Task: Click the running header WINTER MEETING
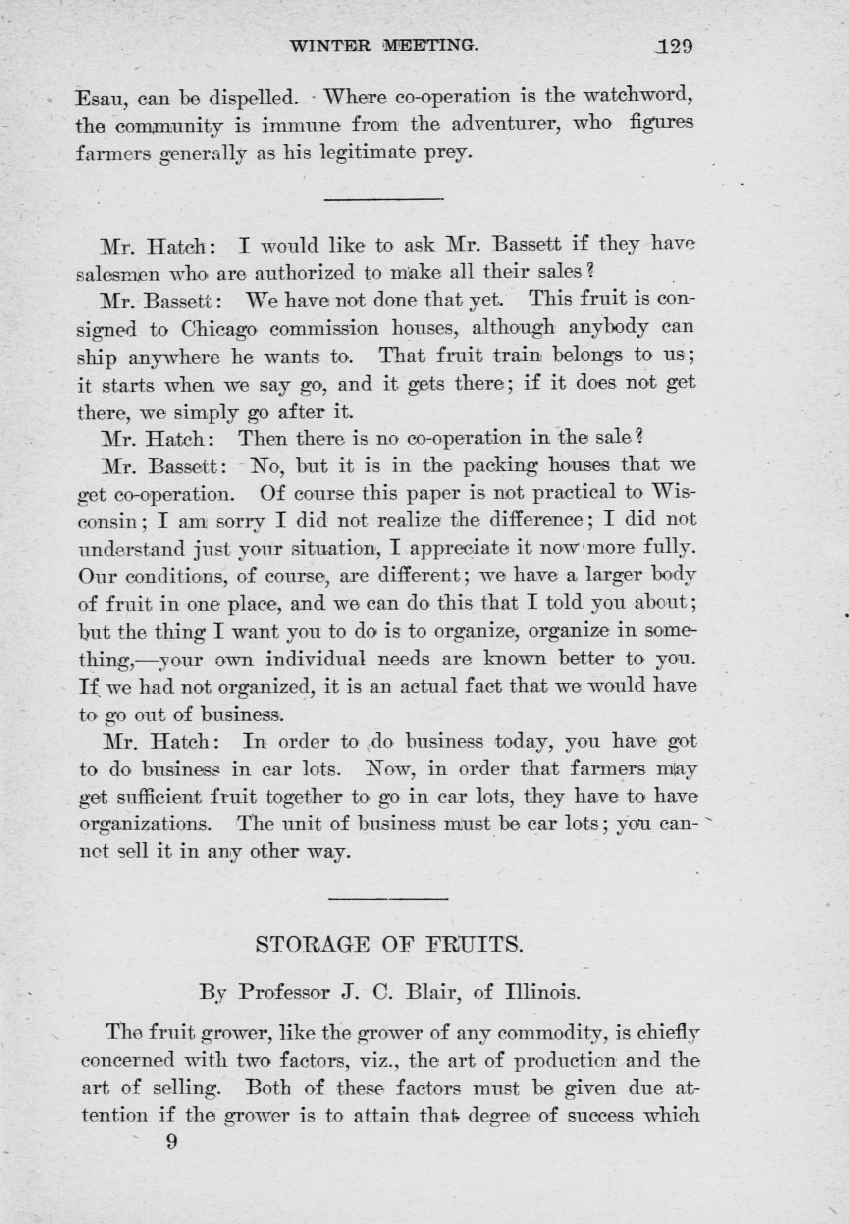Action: pyautogui.click(x=383, y=46)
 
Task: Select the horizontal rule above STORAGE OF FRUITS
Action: pyautogui.click(x=388, y=899)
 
